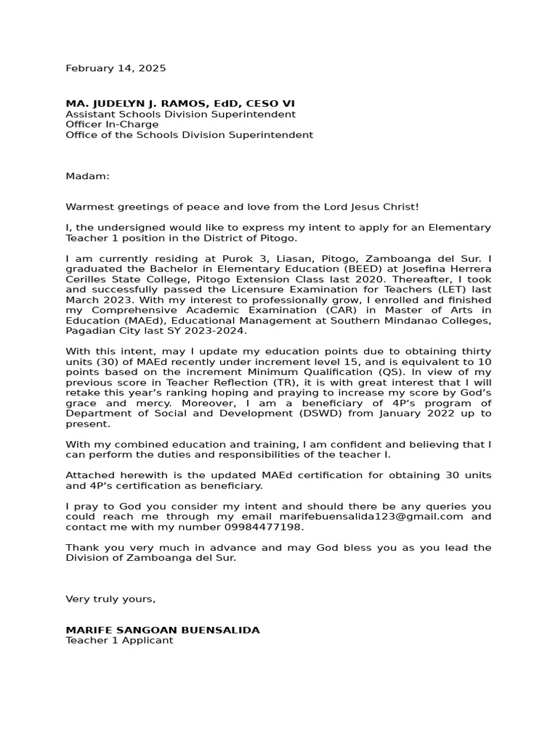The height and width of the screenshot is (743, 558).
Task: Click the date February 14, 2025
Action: click(116, 68)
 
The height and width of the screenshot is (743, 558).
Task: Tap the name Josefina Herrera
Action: click(448, 268)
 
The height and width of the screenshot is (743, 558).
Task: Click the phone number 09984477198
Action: click(264, 527)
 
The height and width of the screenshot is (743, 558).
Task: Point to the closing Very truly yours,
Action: click(110, 599)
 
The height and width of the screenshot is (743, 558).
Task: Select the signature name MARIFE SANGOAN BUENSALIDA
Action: click(163, 630)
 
